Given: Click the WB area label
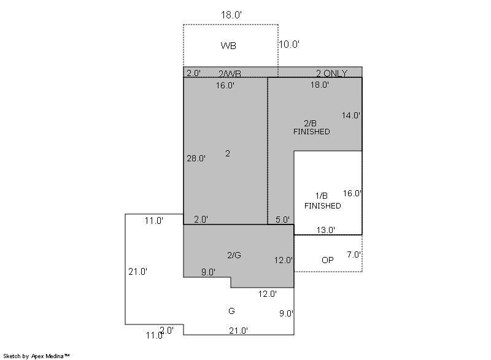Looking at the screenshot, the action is (228, 45).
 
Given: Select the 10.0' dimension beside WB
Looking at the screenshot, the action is (289, 44).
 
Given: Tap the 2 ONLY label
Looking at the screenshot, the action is (331, 73).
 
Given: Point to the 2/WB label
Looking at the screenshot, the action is (230, 74).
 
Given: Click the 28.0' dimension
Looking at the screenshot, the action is (196, 158).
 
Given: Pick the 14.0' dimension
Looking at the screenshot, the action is (350, 115).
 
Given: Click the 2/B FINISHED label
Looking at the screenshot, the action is (312, 128).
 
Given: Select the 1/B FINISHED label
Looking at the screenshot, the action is (323, 201).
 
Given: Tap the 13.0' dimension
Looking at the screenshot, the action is (326, 230).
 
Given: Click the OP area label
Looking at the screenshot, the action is (328, 260).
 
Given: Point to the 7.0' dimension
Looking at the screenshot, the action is (354, 255).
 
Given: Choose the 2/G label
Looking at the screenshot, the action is (234, 255).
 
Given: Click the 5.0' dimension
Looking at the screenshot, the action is (282, 220).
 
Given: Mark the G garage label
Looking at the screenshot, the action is (231, 311).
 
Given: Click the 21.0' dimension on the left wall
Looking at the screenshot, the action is (137, 272).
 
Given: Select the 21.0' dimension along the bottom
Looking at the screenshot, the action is (238, 331).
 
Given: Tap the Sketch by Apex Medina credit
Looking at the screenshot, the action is (36, 356).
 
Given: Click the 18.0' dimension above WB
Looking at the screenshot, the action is (231, 15).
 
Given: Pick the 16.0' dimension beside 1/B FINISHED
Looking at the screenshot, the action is (352, 193).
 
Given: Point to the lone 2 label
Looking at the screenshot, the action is (228, 153).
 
